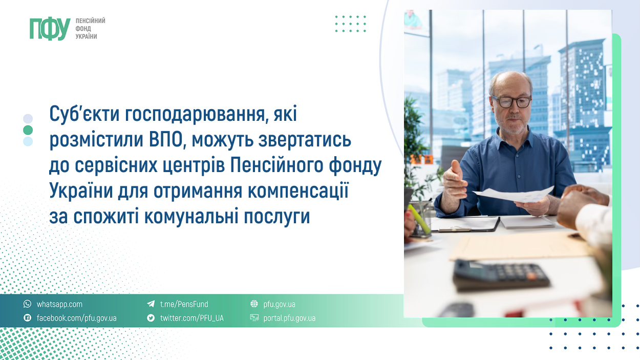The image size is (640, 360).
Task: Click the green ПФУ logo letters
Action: [x=50, y=29]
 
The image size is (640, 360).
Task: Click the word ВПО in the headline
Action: [x=166, y=139]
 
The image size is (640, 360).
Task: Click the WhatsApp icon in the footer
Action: [x=28, y=304]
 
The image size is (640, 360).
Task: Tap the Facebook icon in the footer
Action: [x=28, y=317]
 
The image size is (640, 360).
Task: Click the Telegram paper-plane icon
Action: [x=151, y=304]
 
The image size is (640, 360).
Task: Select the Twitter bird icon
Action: [x=151, y=317]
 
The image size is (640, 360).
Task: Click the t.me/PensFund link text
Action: [x=184, y=304]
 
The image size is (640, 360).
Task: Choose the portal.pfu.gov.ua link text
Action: [x=289, y=319]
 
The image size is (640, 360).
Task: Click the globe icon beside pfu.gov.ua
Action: [x=254, y=304]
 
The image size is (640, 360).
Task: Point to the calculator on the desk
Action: [x=501, y=275]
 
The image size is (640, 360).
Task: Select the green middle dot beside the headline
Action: [x=28, y=130]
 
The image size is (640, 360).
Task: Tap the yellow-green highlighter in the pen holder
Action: [x=419, y=219]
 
